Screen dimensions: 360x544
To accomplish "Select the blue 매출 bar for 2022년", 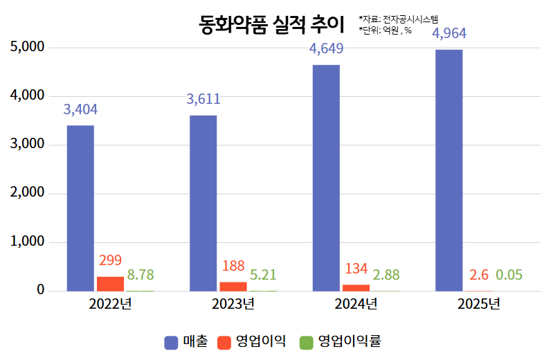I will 80,208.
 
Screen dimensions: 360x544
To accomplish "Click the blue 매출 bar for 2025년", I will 448,170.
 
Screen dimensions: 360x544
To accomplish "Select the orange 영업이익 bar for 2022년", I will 110,284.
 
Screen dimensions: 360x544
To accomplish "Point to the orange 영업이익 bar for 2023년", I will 233,287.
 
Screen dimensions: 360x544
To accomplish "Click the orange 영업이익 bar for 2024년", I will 356,288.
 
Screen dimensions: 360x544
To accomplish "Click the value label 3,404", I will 80,109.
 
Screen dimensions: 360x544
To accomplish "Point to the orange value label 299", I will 110,260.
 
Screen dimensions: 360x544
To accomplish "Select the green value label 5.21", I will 263,275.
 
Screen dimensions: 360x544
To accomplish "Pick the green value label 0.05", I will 509,275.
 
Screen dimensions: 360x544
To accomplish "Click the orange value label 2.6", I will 479,275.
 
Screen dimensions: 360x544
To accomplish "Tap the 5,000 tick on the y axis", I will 28,47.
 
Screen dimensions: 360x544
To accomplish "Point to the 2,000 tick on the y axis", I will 28,193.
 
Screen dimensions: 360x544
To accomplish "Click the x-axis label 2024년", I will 356,305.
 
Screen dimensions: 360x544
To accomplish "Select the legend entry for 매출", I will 186,341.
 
